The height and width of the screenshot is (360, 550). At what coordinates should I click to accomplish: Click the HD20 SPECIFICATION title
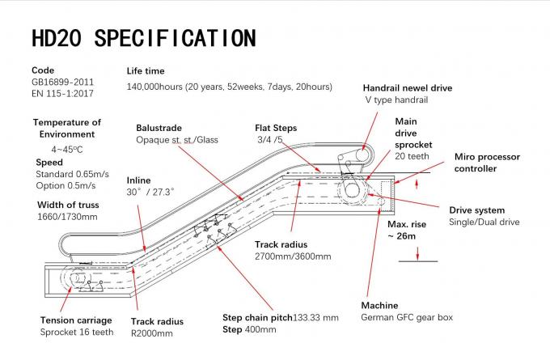point(142,38)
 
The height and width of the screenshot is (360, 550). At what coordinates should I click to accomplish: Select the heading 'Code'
point(42,70)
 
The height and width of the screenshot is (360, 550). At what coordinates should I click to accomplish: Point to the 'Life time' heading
point(146,71)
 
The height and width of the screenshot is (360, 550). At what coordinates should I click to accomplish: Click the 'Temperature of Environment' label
point(67,128)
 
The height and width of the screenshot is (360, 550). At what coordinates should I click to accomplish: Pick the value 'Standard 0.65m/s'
point(73,174)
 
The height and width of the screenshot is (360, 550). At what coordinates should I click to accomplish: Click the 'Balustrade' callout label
point(159,128)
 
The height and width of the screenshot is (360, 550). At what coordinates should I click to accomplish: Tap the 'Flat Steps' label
point(276,128)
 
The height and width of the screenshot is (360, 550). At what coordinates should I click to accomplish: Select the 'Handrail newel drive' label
point(407,87)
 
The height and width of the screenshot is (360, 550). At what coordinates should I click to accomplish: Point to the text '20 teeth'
point(412,156)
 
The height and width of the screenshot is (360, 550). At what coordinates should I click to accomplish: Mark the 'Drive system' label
point(476,210)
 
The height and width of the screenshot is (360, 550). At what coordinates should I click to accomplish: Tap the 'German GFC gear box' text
point(408,317)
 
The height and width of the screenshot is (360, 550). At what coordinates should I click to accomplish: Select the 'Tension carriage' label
point(76,320)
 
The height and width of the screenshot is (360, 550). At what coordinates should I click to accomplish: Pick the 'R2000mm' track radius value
point(152,332)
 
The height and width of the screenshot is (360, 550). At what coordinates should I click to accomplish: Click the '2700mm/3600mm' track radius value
point(293,256)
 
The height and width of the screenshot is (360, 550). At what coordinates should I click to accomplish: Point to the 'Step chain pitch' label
point(257,317)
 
